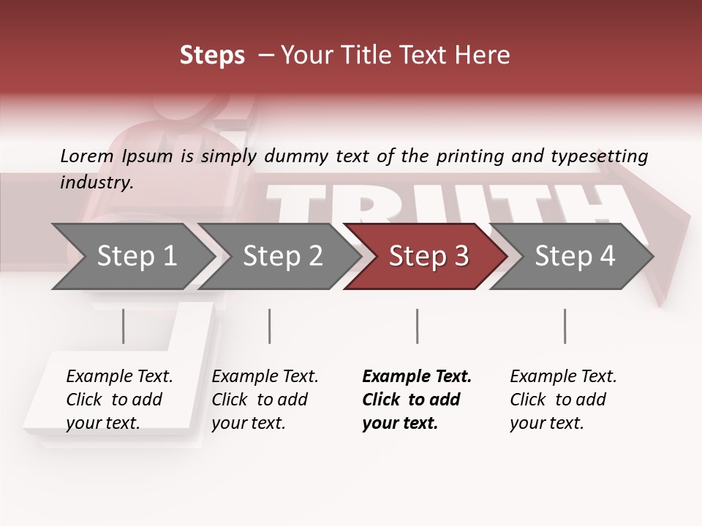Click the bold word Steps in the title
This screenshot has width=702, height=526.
point(212,56)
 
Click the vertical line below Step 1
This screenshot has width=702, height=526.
point(123,326)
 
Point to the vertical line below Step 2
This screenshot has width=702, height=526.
point(270,326)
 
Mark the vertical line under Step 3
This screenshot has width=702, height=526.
point(417,326)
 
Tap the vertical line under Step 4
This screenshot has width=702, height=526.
point(565,326)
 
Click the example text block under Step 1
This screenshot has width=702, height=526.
point(118,400)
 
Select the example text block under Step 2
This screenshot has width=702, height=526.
point(265,400)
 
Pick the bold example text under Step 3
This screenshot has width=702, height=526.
point(416,400)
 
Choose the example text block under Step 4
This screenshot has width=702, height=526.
point(563,400)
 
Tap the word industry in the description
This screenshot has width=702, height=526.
point(96,183)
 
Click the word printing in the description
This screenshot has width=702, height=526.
point(470,156)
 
